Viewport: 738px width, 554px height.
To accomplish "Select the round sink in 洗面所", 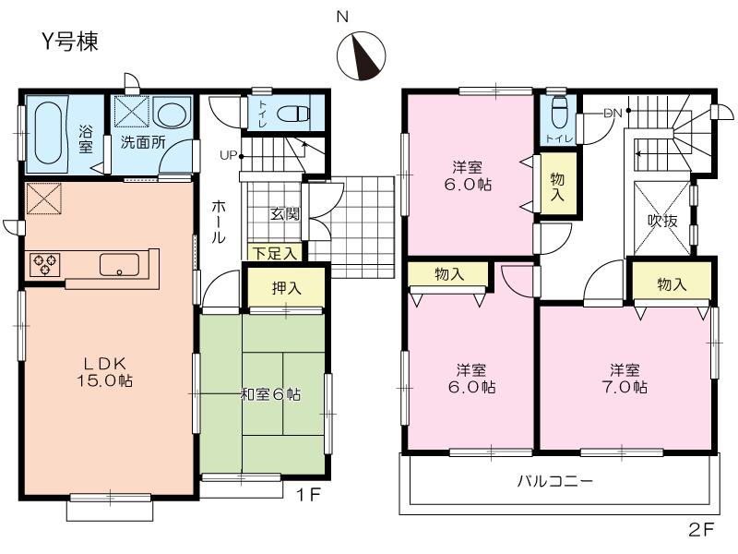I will coord(171,115).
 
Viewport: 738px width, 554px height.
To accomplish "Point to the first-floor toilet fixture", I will coord(294,115).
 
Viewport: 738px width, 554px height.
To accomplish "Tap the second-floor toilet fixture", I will coord(557,115).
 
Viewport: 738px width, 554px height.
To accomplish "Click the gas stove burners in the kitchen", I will coord(45,264).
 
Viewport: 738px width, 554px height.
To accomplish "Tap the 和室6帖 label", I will coord(270,394).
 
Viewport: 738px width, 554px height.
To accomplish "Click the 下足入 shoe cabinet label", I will coord(274,252).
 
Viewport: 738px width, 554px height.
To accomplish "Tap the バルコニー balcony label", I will coord(554,481).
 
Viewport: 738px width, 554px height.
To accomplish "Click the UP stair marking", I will coord(227,154).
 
